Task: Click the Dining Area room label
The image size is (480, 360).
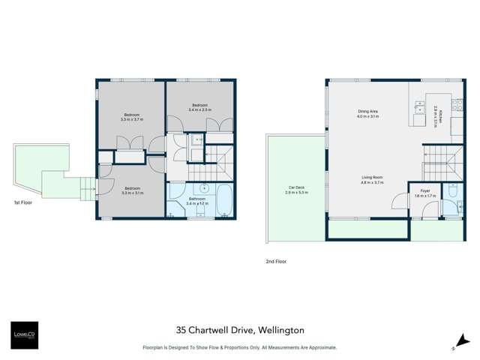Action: (367, 114)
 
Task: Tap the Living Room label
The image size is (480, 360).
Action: (372, 180)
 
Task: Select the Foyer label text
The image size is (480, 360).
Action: (424, 193)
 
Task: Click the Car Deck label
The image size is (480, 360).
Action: (296, 190)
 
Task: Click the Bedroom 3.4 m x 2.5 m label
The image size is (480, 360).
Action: (199, 107)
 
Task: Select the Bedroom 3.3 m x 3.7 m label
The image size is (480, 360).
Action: (131, 117)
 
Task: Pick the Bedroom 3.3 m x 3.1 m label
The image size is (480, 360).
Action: (132, 190)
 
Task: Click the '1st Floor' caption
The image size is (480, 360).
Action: (23, 202)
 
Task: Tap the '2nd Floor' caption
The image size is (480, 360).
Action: (275, 262)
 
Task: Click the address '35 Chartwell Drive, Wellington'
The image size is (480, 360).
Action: (240, 329)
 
